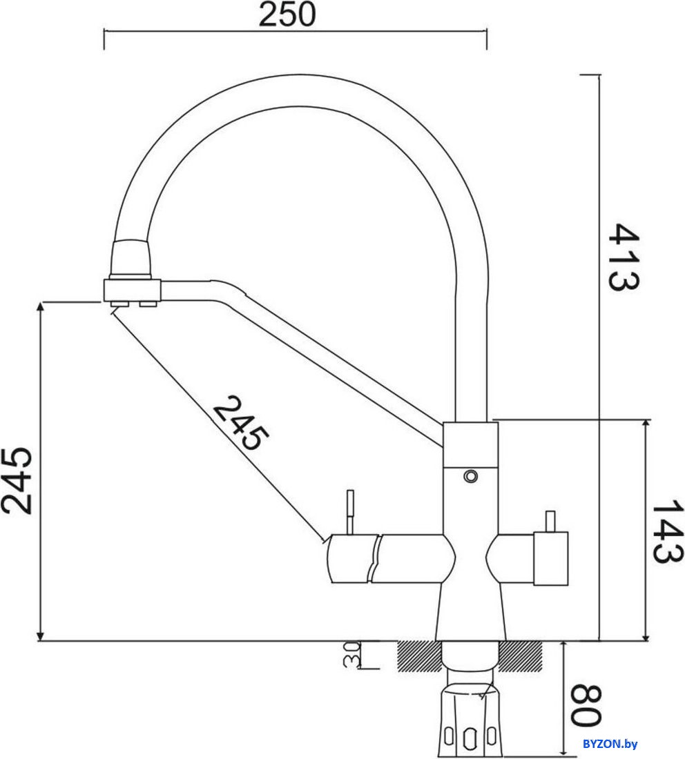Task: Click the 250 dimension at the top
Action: [287, 14]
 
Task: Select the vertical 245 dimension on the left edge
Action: [16, 480]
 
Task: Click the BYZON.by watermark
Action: [610, 743]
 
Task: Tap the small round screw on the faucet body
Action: [471, 476]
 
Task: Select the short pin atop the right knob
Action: [550, 521]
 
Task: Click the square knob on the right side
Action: [550, 558]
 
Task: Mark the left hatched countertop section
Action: [419, 655]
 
